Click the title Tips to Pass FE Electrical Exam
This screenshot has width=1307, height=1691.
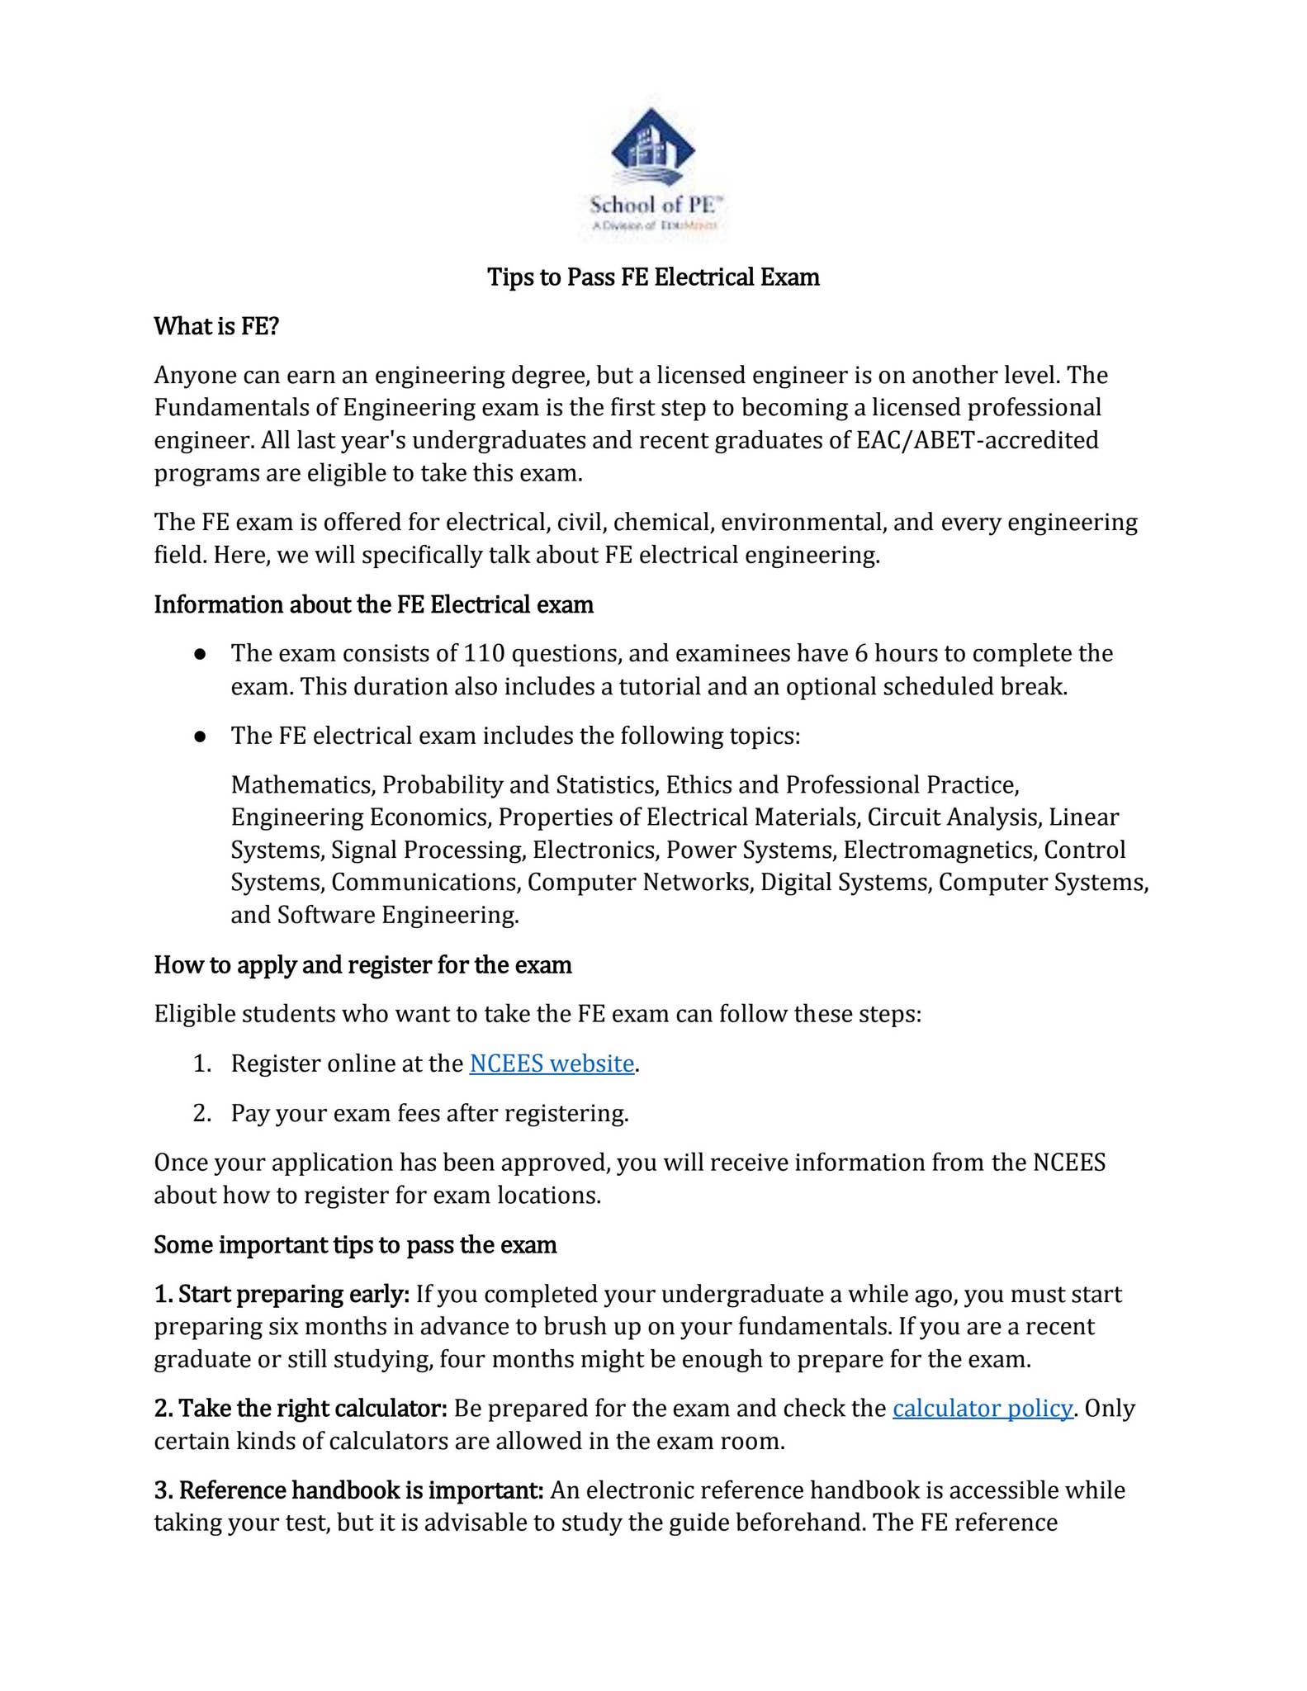[x=653, y=277]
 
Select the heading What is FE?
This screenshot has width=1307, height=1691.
[x=217, y=326]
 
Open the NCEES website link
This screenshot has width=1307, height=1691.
[x=552, y=1063]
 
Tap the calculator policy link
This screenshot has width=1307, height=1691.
[x=983, y=1408]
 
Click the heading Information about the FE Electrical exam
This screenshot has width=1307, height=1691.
[x=373, y=604]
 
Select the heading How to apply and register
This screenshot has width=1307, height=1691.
[x=362, y=964]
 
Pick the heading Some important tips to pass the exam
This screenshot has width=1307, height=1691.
[x=355, y=1244]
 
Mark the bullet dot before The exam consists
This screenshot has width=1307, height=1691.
[x=200, y=654]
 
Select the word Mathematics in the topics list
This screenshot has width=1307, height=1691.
[x=303, y=784]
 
